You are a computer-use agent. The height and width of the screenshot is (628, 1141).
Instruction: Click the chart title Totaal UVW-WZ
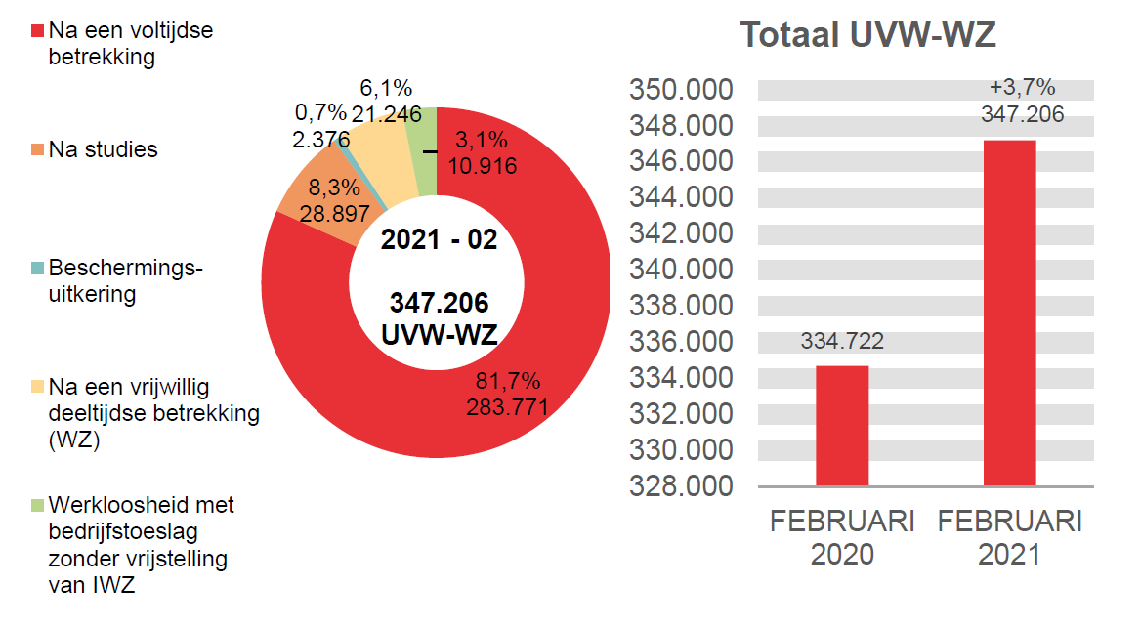point(867,34)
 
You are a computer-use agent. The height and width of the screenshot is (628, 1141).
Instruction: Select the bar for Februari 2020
point(842,425)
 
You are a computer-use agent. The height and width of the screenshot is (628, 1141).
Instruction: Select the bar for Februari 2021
point(1009,313)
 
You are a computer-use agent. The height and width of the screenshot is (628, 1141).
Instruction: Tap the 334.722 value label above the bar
point(842,341)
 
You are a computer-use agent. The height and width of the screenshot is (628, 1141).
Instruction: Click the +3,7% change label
point(1022,88)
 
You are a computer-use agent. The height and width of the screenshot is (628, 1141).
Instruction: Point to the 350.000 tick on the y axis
point(681,90)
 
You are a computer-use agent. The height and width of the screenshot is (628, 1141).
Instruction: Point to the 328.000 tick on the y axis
point(681,485)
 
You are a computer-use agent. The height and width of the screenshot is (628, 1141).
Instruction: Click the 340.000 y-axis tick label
point(681,270)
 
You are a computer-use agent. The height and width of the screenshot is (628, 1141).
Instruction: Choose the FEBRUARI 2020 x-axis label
point(842,537)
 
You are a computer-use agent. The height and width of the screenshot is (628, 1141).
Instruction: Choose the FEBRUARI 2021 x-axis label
point(1009,537)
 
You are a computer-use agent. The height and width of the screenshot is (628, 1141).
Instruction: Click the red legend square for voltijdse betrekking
point(38,31)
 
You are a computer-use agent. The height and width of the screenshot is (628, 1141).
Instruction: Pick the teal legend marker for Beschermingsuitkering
point(38,268)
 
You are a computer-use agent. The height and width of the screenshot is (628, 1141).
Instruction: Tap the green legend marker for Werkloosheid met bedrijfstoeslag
point(38,505)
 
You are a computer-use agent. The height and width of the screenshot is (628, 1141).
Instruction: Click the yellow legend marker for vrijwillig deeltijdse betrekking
point(38,386)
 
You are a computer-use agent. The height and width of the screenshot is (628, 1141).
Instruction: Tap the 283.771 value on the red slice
point(506,405)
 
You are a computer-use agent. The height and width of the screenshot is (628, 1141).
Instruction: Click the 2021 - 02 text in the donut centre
point(439,240)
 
